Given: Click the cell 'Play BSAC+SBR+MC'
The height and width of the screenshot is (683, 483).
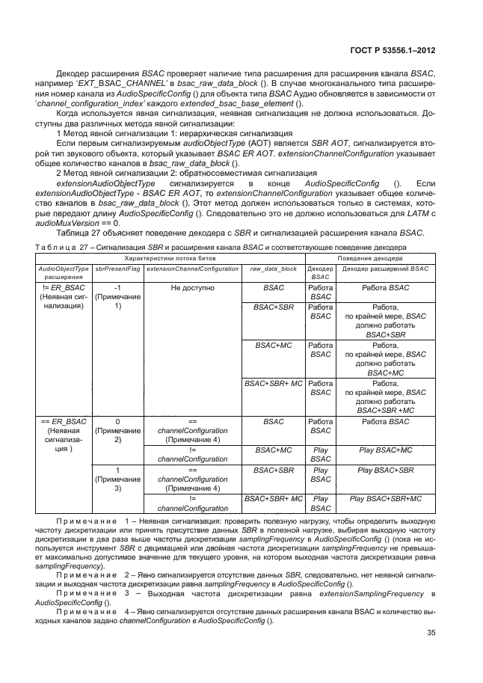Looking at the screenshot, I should point(385,498).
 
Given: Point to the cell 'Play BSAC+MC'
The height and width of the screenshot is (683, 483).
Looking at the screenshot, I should point(385,450).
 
